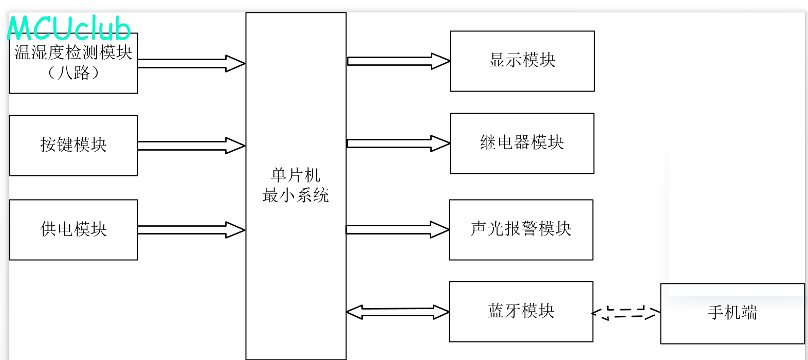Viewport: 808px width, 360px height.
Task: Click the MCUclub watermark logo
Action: tap(69, 28)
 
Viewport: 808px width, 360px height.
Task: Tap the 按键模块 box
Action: tap(74, 145)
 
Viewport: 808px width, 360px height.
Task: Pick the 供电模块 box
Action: tap(74, 229)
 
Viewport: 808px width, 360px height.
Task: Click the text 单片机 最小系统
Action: tap(296, 185)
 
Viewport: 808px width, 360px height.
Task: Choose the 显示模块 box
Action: tap(522, 61)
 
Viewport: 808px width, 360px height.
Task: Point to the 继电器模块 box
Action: tap(522, 143)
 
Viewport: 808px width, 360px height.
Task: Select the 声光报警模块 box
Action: tap(521, 229)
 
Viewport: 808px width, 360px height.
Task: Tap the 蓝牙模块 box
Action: tap(521, 311)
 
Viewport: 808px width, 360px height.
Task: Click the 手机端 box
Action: tap(732, 313)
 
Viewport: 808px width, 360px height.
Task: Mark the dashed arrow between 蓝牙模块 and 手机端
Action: tap(626, 313)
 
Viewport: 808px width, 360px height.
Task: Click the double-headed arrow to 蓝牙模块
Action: tap(398, 312)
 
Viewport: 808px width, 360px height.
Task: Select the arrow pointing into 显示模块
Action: tap(398, 61)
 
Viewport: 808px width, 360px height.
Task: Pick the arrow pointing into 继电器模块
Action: tap(398, 143)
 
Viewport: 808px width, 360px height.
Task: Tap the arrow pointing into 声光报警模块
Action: tap(397, 229)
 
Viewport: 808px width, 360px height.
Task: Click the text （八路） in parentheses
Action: tap(74, 73)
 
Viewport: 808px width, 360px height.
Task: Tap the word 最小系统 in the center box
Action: tap(296, 195)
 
